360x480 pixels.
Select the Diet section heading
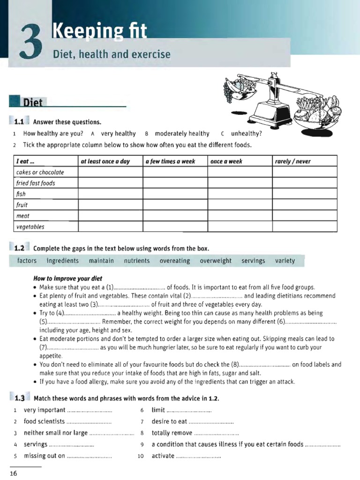click(33, 103)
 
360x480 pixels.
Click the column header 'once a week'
click(226, 161)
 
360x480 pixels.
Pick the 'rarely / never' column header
click(293, 161)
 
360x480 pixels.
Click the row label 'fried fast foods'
click(36, 183)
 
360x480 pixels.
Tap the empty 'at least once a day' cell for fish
click(110, 194)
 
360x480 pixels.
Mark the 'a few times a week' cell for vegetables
click(175, 227)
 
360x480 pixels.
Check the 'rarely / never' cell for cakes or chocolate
click(305, 172)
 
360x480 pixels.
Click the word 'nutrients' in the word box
click(137, 261)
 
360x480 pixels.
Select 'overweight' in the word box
click(216, 261)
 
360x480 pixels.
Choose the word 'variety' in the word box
click(285, 261)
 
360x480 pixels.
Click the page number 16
click(13, 473)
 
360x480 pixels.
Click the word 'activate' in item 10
click(163, 456)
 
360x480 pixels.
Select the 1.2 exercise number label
click(19, 248)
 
